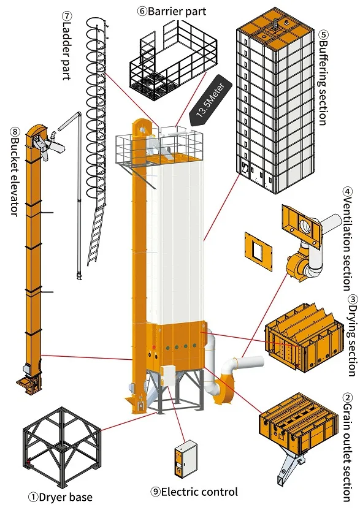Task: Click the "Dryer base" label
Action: pos(60,497)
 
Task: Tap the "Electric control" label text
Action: pos(194,492)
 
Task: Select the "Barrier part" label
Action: pos(172,12)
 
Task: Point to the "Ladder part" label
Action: pos(66,46)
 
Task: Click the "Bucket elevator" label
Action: pos(15,172)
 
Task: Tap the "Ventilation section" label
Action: pos(348,238)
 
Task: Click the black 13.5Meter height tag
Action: pos(210,100)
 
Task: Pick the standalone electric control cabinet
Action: pos(186,459)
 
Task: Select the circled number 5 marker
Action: pos(324,34)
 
